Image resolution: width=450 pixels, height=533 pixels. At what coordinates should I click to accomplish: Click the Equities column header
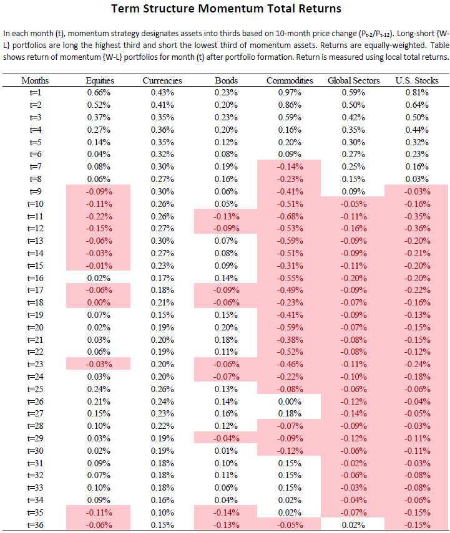coord(100,80)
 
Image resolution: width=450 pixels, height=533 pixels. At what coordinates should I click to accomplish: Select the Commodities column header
coord(290,80)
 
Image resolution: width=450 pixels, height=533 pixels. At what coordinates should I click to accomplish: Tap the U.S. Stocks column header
coord(417,80)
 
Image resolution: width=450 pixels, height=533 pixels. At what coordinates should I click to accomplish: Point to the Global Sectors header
coord(354,80)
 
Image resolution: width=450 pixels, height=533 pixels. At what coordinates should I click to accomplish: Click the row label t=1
coord(35,92)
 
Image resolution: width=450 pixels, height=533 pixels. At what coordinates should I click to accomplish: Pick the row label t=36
coord(35,525)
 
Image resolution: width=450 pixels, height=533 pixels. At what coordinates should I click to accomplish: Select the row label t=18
coord(35,302)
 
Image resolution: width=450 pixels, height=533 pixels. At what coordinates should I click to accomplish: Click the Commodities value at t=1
coord(290,92)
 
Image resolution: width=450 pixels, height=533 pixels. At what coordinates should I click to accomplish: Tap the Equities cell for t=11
coord(99,216)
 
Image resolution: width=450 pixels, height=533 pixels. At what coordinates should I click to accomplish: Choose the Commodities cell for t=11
coord(290,216)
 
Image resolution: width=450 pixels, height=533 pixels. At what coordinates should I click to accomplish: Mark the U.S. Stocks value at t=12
coord(417,228)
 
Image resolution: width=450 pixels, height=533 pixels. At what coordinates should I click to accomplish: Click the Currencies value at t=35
coord(162,512)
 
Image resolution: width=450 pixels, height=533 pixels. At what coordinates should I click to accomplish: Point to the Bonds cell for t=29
coord(226,438)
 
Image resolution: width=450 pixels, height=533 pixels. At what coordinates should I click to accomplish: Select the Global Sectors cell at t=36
coord(354,525)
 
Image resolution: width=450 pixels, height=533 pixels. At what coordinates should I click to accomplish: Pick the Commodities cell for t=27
coord(290,414)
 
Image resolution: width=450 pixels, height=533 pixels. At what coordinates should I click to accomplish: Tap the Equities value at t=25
coord(99,389)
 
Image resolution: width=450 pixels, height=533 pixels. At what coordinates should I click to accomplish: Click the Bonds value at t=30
coord(226,451)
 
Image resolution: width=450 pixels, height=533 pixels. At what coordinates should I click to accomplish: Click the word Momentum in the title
coord(231,9)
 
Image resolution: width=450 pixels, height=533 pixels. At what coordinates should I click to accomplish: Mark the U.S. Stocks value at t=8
coord(417,179)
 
